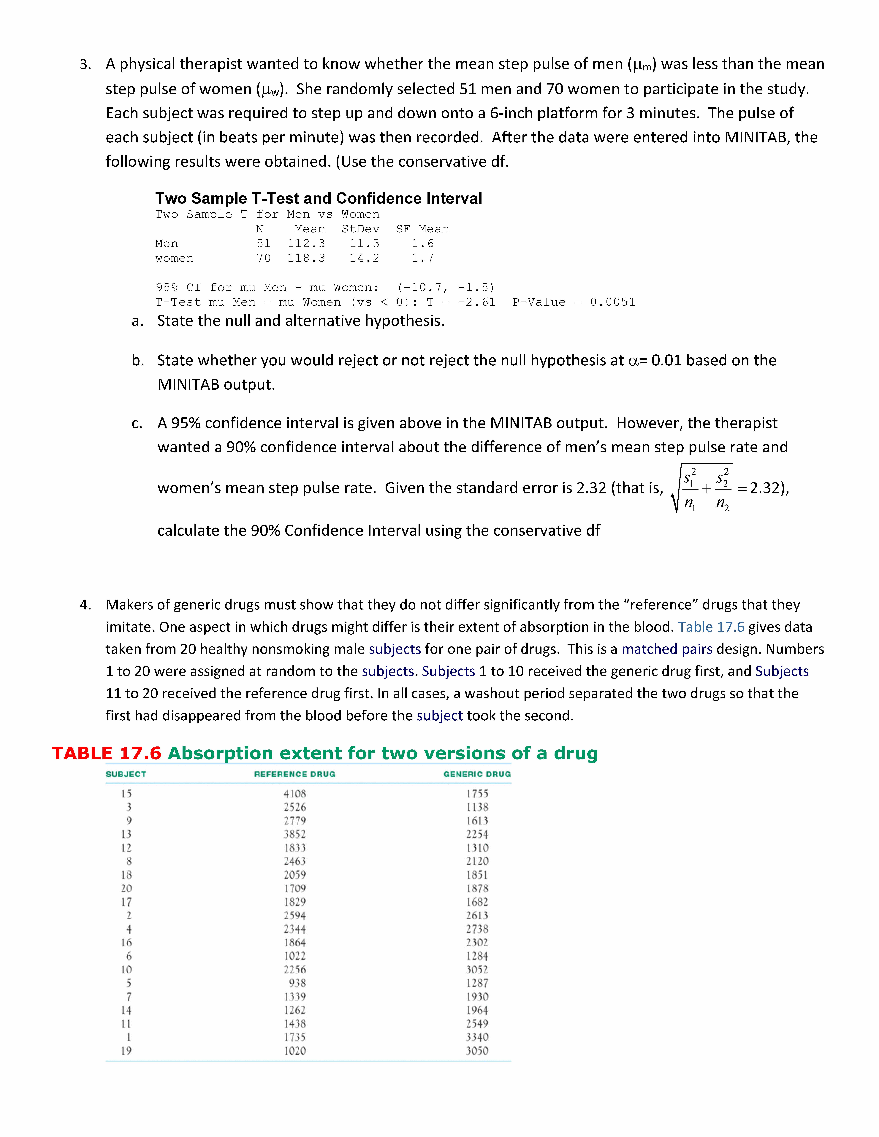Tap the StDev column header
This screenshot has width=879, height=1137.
[360, 229]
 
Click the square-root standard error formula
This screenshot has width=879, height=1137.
[703, 488]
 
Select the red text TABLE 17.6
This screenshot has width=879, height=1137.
[107, 753]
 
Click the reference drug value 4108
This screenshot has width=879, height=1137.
[295, 793]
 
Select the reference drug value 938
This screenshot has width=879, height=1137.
[297, 983]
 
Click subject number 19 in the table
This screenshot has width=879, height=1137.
[126, 1051]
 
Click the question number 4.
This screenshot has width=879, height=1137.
[85, 605]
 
